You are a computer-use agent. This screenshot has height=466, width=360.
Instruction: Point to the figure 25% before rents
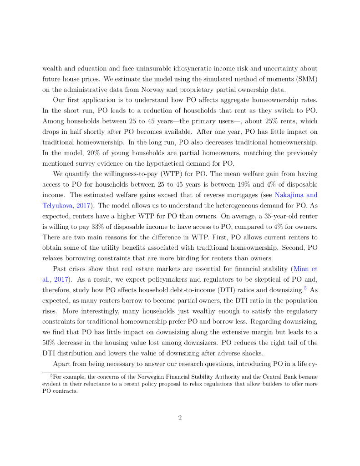262,121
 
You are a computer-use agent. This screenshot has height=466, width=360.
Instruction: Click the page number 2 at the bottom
180,418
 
